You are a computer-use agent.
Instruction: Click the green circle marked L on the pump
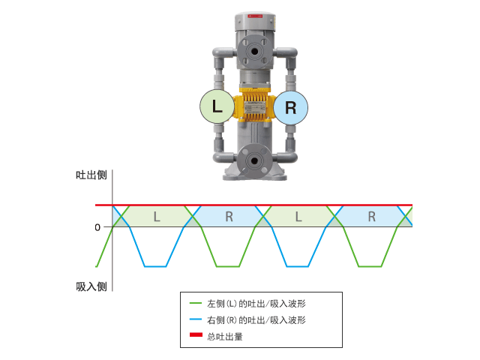coord(217,106)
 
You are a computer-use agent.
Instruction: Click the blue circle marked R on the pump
coord(290,107)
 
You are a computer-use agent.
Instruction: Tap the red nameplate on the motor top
coord(255,16)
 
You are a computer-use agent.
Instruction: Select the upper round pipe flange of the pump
coord(254,52)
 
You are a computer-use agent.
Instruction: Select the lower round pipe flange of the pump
coord(253,160)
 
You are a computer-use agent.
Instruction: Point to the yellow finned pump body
coord(253,106)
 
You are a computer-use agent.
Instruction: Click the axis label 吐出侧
coord(91,175)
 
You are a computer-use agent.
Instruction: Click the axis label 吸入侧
coord(91,286)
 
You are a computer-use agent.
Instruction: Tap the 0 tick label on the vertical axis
coord(97,227)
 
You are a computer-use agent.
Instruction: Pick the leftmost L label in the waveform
coord(157,217)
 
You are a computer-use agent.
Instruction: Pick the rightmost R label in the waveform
coord(372,217)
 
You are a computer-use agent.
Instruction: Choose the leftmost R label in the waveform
coord(229,217)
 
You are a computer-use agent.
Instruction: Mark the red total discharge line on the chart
coord(253,205)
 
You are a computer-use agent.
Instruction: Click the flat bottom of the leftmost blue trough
coord(155,266)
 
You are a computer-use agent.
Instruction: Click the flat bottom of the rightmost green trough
coord(370,266)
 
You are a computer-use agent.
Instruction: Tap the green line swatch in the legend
coord(196,303)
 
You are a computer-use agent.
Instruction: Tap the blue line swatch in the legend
coord(196,319)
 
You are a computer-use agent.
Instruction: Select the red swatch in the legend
coord(196,334)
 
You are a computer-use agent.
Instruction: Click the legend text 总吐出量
coord(225,337)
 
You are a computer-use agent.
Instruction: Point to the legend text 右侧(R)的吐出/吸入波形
coord(256,320)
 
